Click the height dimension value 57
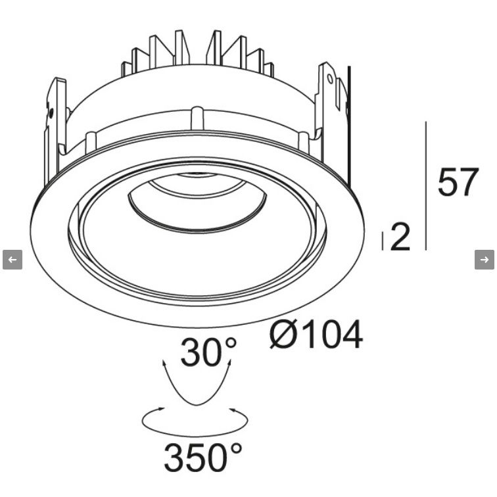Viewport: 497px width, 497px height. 458,181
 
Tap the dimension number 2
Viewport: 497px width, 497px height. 400,237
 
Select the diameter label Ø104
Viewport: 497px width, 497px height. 316,334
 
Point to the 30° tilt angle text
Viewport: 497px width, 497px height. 208,352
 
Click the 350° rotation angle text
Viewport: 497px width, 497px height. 203,456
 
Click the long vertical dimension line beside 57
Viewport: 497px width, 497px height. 426,186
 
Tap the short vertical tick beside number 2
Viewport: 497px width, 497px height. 383,241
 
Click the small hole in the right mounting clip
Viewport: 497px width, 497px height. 329,78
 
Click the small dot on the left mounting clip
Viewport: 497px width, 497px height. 51,112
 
